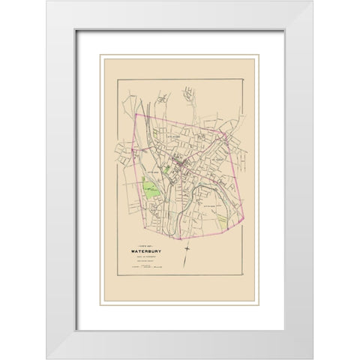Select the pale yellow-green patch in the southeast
pyautogui.click(x=222, y=222)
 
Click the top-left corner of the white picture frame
pyautogui.click(x=46, y=1)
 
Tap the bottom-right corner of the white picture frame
pyautogui.click(x=313, y=358)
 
